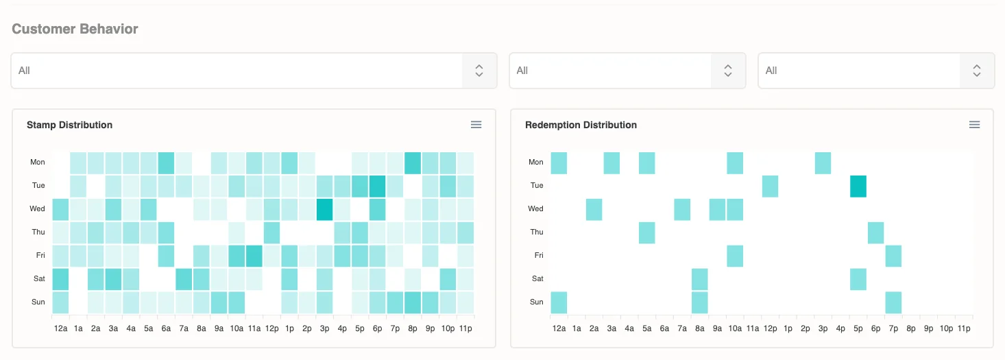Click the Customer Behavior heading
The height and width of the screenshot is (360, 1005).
75,29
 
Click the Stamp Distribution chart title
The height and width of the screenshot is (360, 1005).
69,125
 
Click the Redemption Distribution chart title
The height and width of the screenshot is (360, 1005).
581,125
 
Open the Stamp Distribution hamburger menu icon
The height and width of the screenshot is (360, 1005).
476,125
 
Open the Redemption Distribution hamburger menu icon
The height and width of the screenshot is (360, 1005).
974,125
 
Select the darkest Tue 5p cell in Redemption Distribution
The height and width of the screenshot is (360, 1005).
858,186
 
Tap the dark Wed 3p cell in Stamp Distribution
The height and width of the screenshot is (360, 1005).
324,209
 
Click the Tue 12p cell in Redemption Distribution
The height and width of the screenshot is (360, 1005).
770,186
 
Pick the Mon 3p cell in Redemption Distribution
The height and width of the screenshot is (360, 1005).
823,163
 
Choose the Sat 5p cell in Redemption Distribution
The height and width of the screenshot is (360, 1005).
858,279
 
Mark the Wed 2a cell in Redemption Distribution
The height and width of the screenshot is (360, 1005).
594,209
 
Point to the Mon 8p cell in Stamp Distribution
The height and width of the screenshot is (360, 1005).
413,163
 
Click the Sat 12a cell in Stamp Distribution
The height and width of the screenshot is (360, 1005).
60,279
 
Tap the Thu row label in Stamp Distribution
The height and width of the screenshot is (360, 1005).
38,232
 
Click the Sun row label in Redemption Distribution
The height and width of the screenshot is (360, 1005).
537,302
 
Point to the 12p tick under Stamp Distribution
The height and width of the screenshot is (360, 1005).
271,329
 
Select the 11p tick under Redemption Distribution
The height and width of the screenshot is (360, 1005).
964,329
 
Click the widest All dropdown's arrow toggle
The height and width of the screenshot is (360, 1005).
479,71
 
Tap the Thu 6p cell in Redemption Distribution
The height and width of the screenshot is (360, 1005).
875,232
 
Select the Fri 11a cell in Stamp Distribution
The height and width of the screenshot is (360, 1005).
254,256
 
